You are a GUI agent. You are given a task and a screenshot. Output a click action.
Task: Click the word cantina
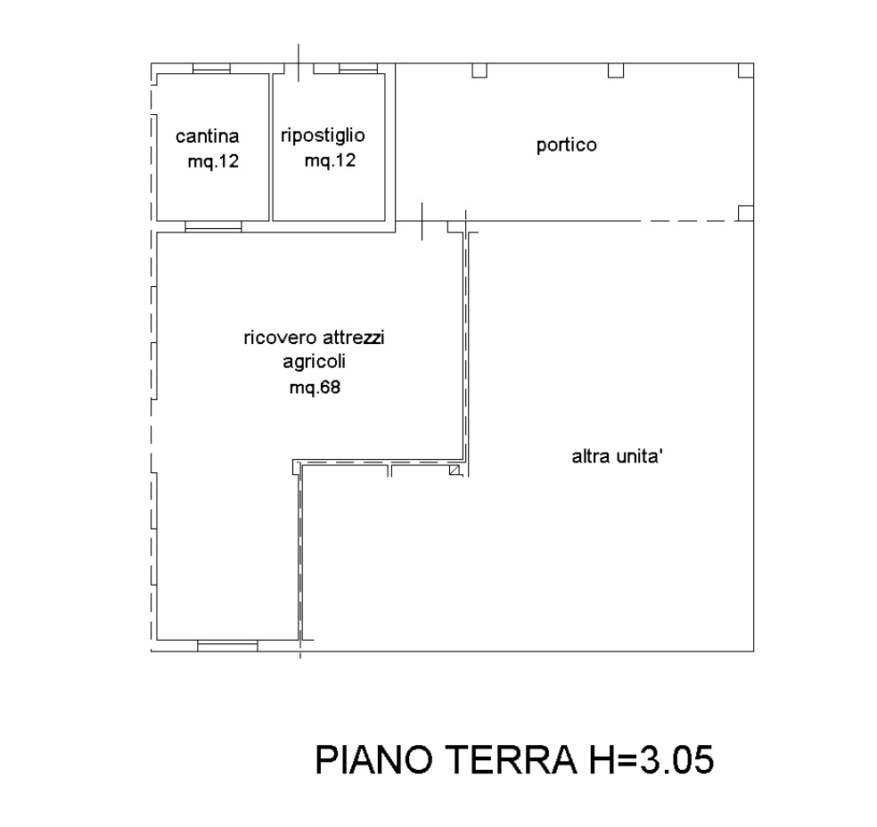point(208,137)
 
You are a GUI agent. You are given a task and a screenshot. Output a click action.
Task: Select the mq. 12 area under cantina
point(213,162)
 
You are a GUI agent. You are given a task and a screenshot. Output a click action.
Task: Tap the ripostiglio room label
point(323,136)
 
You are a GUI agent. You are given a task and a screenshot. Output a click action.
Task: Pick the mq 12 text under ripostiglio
point(331,162)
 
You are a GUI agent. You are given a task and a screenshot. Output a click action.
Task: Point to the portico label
point(566,146)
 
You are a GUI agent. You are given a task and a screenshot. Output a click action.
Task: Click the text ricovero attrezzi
point(316,340)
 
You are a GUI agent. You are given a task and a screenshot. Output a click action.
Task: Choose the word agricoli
point(314,363)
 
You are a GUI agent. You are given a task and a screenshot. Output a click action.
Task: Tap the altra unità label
point(618,456)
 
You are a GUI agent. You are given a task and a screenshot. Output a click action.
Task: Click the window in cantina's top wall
point(213,68)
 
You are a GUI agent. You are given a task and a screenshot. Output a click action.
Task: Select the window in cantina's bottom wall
point(212,225)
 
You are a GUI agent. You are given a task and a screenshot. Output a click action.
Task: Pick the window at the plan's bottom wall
point(227,643)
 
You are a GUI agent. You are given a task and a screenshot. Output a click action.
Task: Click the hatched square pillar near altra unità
point(457,468)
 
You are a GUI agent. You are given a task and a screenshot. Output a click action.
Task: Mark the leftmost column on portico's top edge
point(481,70)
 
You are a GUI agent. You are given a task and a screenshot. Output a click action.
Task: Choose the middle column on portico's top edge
point(619,70)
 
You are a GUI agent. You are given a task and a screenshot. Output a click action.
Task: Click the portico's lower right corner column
point(747,212)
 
